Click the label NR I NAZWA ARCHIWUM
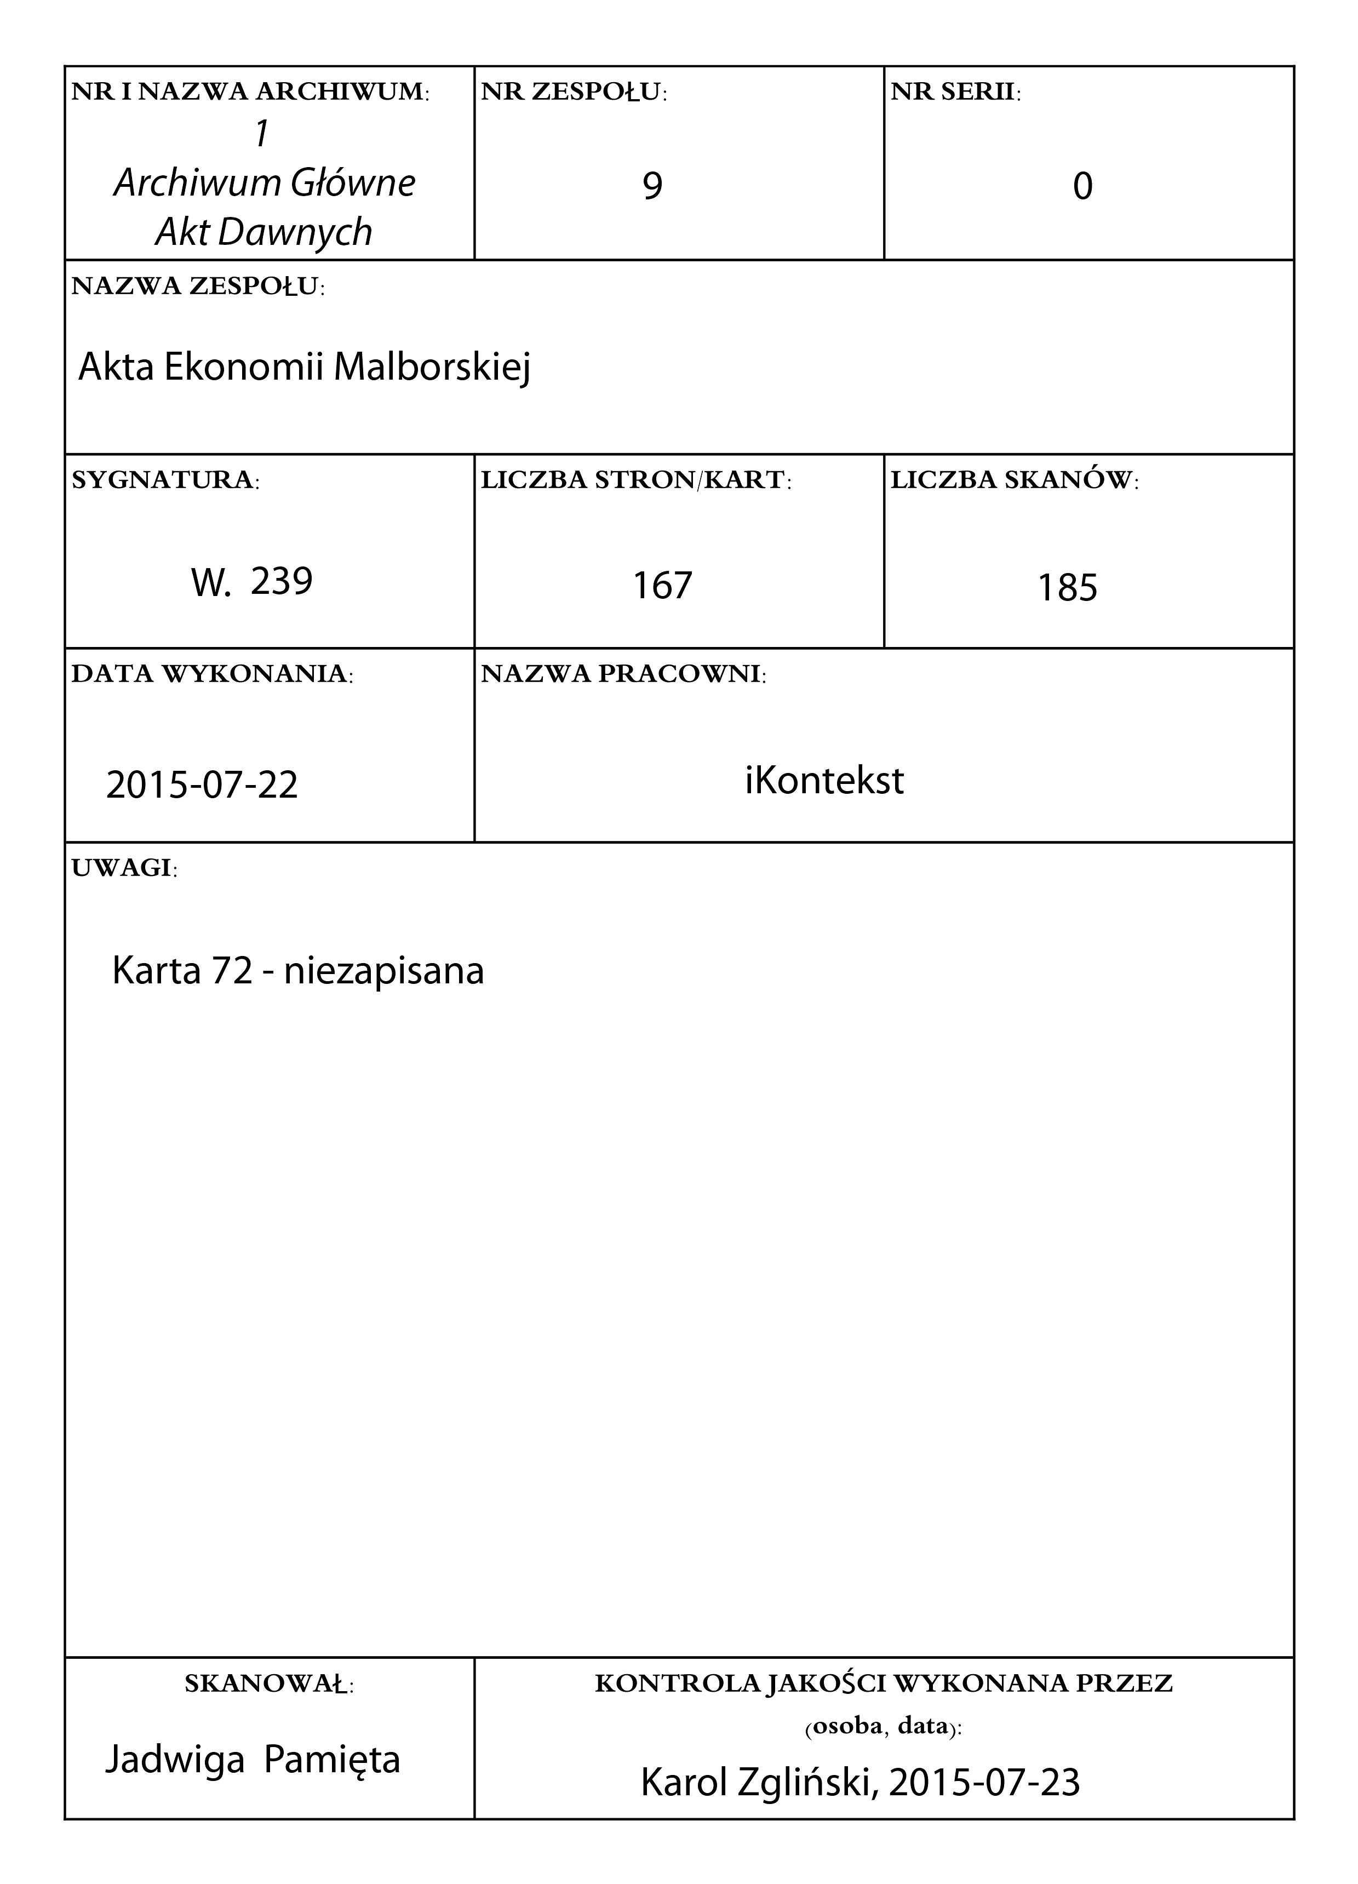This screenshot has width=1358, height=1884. pyautogui.click(x=250, y=92)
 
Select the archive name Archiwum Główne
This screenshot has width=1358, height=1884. pyautogui.click(x=264, y=183)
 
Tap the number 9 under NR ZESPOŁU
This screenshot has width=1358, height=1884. pyautogui.click(x=653, y=186)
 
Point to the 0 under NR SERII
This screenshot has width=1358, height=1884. pyautogui.click(x=1082, y=186)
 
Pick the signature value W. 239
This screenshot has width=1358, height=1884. pyautogui.click(x=251, y=581)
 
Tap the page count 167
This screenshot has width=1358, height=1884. pyautogui.click(x=662, y=586)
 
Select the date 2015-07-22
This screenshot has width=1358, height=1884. pyautogui.click(x=202, y=785)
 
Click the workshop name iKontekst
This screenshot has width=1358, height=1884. pyautogui.click(x=824, y=781)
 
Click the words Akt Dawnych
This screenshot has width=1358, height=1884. pyautogui.click(x=264, y=232)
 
